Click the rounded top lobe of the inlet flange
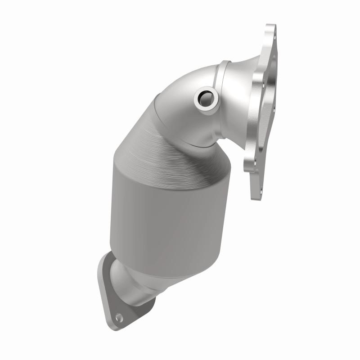270,31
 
